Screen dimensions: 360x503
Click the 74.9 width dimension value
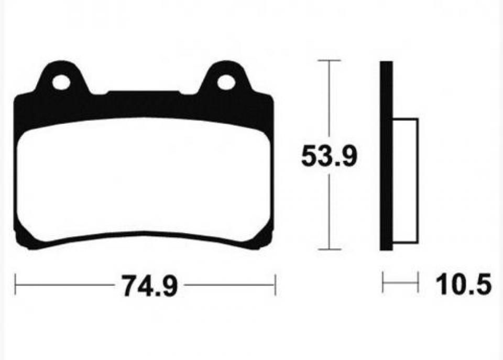tap(149, 286)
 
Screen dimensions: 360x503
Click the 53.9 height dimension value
tap(329, 156)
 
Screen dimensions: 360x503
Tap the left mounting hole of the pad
tap(61, 82)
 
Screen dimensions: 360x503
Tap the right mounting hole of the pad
tap(226, 82)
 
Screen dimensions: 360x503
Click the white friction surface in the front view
tap(144, 178)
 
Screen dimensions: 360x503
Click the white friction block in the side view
tap(405, 181)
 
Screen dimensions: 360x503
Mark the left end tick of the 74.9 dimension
tap(16, 285)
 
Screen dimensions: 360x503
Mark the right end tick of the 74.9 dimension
tap(275, 285)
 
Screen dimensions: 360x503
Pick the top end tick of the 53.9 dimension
tap(329, 61)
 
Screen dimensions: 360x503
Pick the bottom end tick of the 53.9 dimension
tap(329, 249)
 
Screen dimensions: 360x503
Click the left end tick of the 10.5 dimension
tap(383, 282)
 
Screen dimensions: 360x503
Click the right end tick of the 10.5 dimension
tap(418, 282)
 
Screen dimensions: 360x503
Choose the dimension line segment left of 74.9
tap(65, 285)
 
